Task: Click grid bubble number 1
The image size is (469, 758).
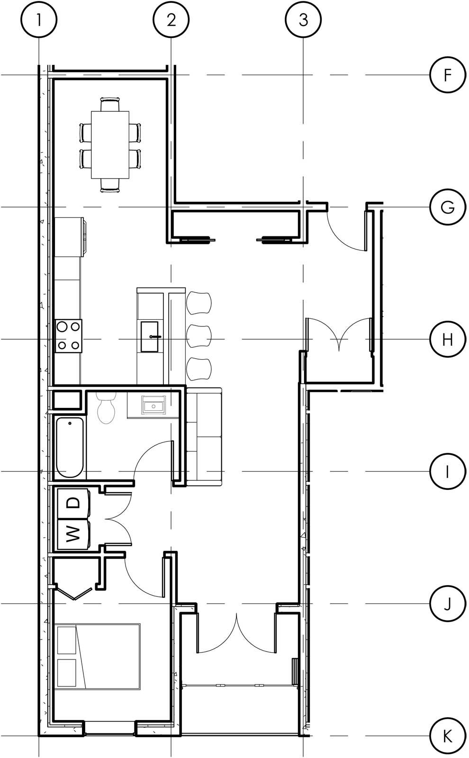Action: (39, 19)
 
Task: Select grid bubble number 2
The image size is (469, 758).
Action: (171, 19)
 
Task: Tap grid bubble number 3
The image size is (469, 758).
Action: (303, 19)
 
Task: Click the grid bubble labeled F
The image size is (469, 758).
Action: (447, 75)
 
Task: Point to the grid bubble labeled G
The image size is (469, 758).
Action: (447, 207)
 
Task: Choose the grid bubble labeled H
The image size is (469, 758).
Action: (447, 339)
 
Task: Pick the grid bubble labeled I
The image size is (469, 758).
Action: (447, 471)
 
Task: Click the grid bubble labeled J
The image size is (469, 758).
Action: (447, 604)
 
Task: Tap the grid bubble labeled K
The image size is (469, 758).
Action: (447, 736)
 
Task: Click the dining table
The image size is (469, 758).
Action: (110, 144)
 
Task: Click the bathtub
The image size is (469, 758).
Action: (70, 447)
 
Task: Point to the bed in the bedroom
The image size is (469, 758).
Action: (98, 656)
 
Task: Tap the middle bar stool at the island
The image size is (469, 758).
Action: (199, 336)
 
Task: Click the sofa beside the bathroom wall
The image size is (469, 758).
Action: (204, 436)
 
